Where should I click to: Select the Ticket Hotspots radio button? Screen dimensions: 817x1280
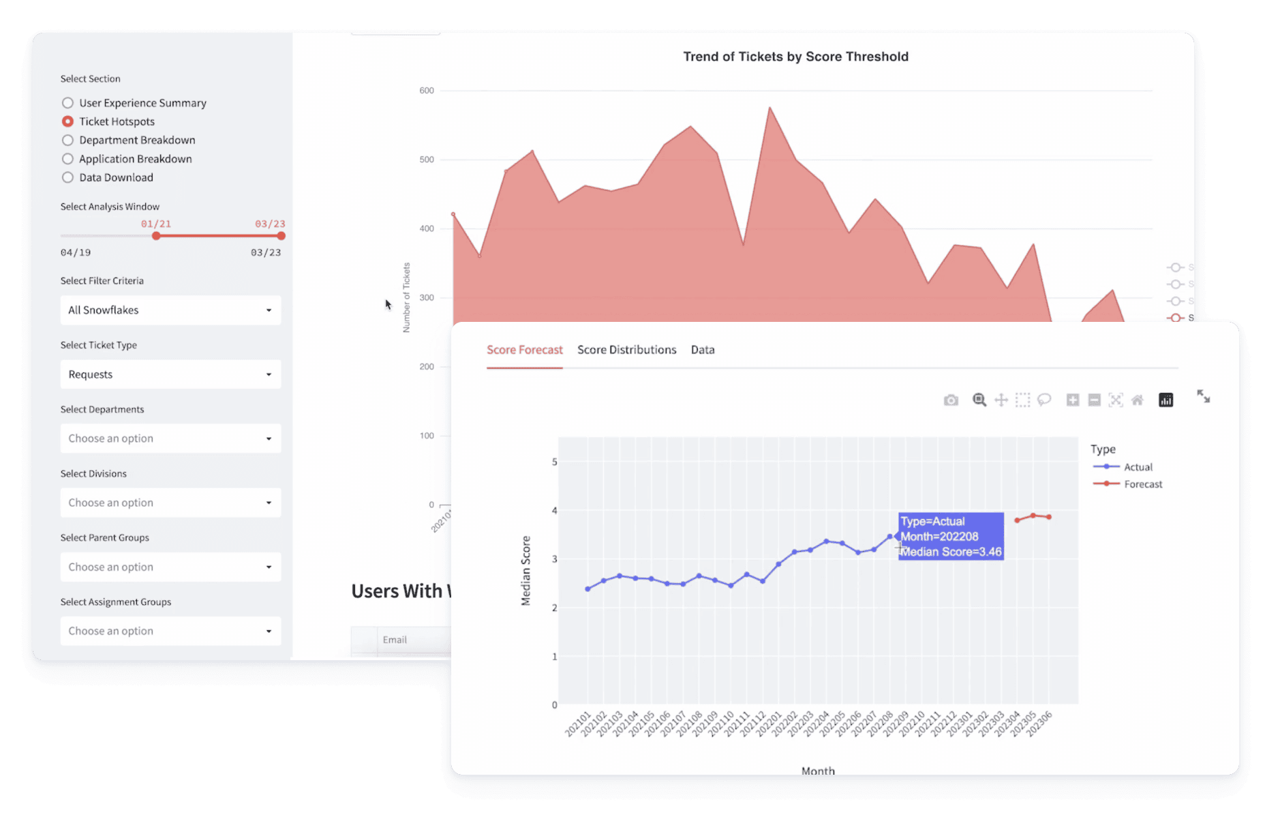pyautogui.click(x=67, y=121)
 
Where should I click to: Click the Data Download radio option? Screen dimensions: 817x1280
pyautogui.click(x=67, y=177)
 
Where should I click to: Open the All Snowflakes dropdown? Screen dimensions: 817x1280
pyautogui.click(x=170, y=310)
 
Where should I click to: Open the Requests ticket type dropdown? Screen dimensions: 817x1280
pyautogui.click(x=170, y=374)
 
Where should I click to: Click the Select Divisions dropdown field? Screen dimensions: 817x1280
pyautogui.click(x=170, y=503)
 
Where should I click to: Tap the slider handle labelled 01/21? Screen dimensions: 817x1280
pyautogui.click(x=156, y=236)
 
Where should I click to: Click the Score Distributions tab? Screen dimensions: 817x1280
pyautogui.click(x=626, y=350)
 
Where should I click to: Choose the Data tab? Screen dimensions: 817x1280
pyautogui.click(x=702, y=350)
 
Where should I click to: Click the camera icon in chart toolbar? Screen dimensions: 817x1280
pyautogui.click(x=951, y=400)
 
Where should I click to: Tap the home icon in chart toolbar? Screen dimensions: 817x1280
pyautogui.click(x=1137, y=400)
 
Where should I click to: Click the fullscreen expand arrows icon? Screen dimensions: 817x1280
pyautogui.click(x=1203, y=396)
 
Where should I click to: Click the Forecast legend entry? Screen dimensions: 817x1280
pyautogui.click(x=1142, y=484)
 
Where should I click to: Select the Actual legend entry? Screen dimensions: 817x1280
pyautogui.click(x=1138, y=467)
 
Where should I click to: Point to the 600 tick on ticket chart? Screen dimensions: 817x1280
pyautogui.click(x=427, y=91)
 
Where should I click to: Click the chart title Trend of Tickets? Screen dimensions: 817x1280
pyautogui.click(x=795, y=57)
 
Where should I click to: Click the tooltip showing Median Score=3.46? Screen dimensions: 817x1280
pyautogui.click(x=950, y=537)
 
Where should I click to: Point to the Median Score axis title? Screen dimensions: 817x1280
pyautogui.click(x=525, y=570)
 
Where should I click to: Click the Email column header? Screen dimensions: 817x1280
pyautogui.click(x=395, y=640)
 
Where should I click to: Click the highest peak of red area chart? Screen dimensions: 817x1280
pyautogui.click(x=769, y=108)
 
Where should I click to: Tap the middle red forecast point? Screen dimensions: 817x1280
pyautogui.click(x=1033, y=516)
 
